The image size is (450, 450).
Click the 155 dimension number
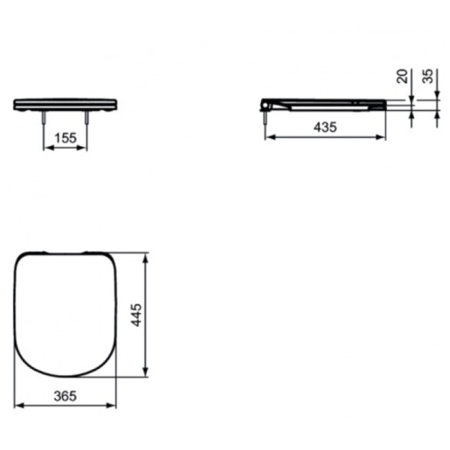point(65,138)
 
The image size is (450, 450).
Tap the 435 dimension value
point(325,127)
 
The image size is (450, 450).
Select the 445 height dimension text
point(136,315)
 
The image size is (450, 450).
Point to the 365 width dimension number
point(65,396)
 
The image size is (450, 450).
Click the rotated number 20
point(402,76)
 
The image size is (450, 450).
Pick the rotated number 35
point(427,76)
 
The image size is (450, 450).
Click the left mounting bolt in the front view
point(44,118)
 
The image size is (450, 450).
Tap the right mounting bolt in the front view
point(86,118)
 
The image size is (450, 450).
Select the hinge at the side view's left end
point(265,105)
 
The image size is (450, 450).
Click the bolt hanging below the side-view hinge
point(265,118)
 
